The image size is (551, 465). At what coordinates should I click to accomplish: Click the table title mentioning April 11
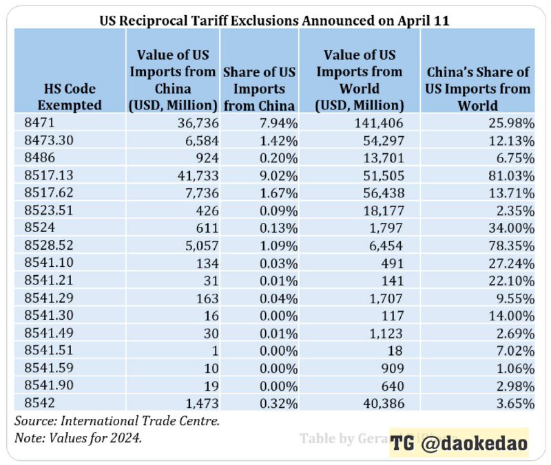click(x=275, y=20)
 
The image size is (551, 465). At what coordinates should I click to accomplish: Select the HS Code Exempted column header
click(x=69, y=97)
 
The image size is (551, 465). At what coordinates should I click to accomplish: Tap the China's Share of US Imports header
click(x=478, y=89)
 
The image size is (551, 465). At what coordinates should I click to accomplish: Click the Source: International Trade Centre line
click(x=116, y=421)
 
